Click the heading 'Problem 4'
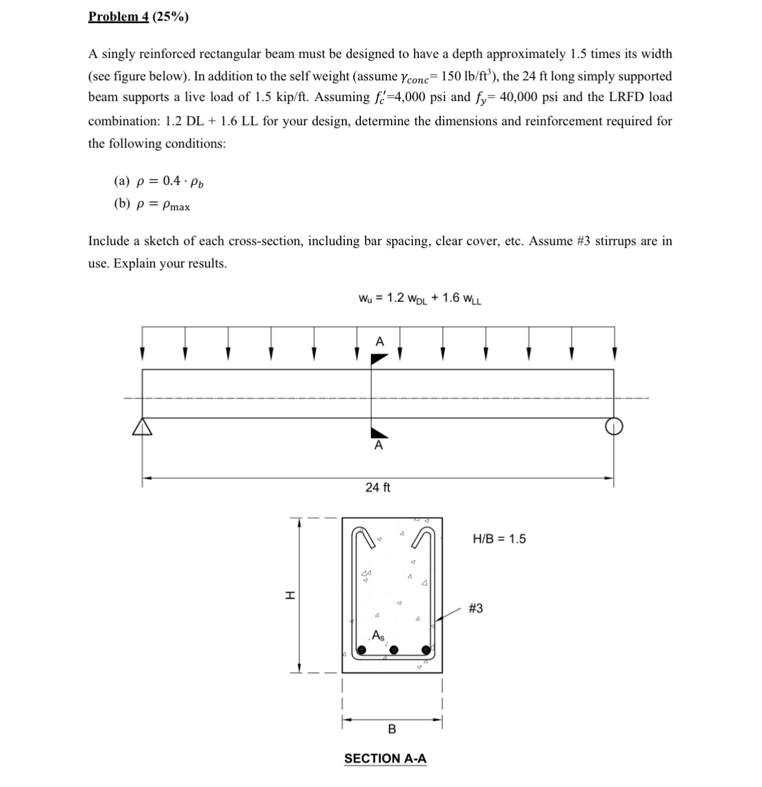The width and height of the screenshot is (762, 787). [118, 17]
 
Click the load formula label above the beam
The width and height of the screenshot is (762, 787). [419, 298]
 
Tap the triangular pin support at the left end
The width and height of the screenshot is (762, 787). [142, 427]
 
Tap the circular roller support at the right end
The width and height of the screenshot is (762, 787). [614, 426]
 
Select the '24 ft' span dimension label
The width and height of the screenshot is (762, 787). [377, 488]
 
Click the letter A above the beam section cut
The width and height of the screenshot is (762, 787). [379, 341]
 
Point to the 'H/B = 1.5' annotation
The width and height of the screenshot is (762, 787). [499, 538]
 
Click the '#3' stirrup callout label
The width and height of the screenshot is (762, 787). [476, 608]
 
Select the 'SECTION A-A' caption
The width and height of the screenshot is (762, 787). [385, 759]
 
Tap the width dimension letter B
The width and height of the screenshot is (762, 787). [392, 730]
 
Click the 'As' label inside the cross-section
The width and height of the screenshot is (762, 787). [378, 636]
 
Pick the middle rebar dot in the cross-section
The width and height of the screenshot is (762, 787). [394, 650]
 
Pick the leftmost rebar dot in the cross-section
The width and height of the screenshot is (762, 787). [362, 650]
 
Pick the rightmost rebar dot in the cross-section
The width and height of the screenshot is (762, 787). [426, 650]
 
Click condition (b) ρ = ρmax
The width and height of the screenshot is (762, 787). [152, 205]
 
